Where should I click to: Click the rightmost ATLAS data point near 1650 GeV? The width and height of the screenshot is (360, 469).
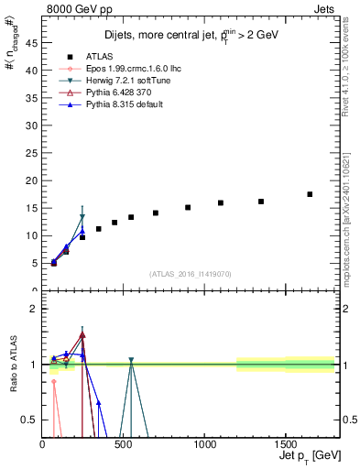click(x=310, y=194)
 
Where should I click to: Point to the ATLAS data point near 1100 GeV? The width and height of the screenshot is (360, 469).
click(x=221, y=202)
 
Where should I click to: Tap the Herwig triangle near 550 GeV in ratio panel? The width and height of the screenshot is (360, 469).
click(x=131, y=360)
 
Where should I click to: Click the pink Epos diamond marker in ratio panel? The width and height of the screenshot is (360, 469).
click(x=54, y=381)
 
